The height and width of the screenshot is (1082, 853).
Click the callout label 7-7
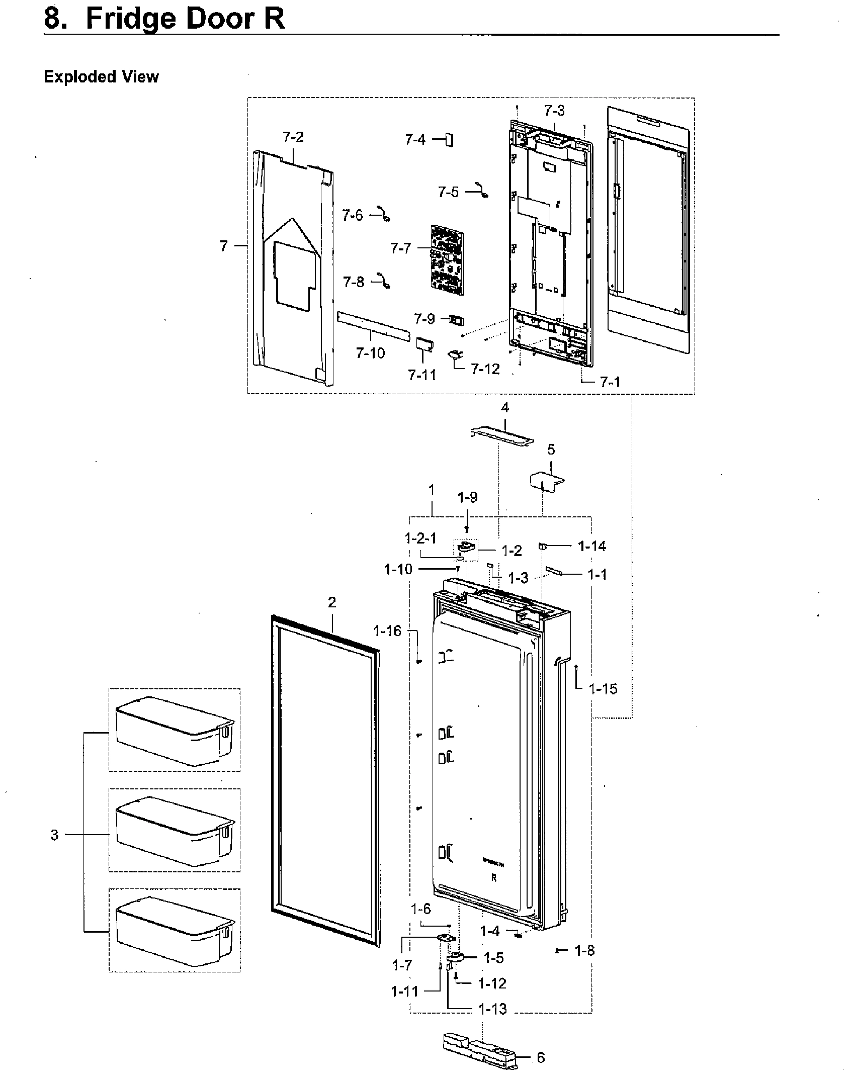400,248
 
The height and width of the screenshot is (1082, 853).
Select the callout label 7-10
370,353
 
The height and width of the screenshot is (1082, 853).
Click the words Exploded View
101,77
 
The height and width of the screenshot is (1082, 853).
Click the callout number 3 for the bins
54,835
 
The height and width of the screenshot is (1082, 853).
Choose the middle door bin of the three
174,830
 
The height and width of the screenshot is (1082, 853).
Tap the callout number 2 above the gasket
332,602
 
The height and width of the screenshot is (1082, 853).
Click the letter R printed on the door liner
494,878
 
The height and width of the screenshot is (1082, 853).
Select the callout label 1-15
603,689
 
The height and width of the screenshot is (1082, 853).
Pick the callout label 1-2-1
420,538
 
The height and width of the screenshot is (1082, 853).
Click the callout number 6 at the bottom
541,1057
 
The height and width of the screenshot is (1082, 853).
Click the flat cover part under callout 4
502,435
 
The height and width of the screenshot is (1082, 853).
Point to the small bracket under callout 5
547,479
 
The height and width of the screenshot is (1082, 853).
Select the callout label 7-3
554,110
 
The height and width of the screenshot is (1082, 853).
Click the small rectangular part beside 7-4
449,140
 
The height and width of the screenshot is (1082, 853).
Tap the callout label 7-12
485,369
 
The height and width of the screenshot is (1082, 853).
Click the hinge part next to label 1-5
457,958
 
